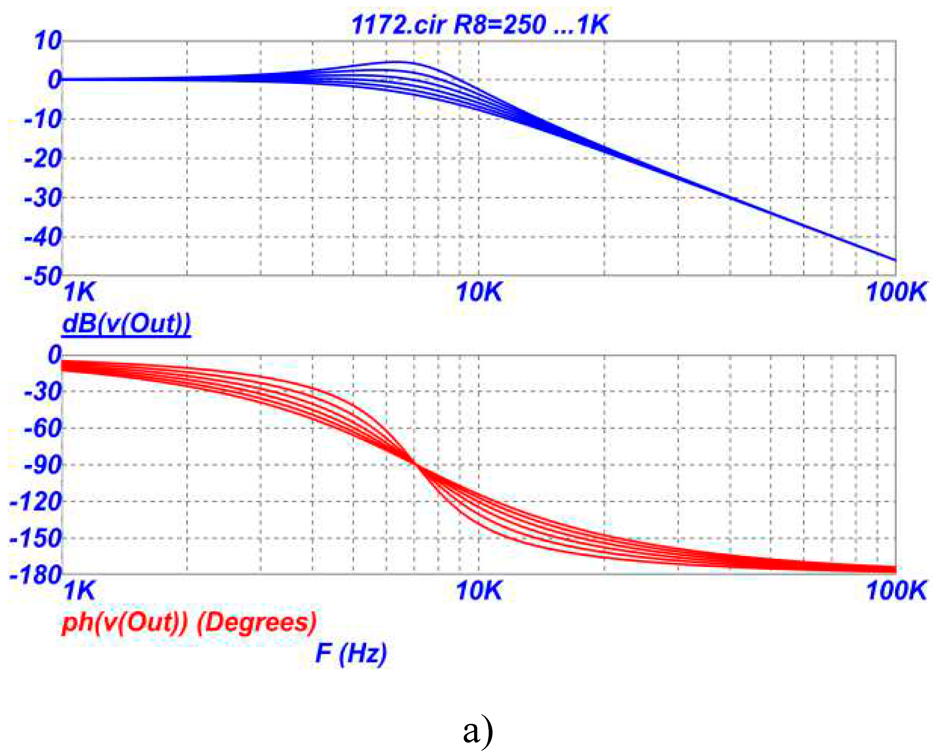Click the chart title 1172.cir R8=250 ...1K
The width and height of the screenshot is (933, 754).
coord(480,24)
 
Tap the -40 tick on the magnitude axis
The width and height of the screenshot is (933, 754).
coord(43,237)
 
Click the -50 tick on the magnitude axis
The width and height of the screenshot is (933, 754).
coord(43,276)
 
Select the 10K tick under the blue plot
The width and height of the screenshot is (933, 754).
coord(479,292)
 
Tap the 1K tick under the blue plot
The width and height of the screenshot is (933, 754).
coord(79,292)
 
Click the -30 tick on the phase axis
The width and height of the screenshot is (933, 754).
coord(43,392)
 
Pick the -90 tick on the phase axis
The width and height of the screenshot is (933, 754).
coord(43,465)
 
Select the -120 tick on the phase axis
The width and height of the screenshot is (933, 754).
coord(36,502)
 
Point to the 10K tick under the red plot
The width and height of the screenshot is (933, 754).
coord(479,591)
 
